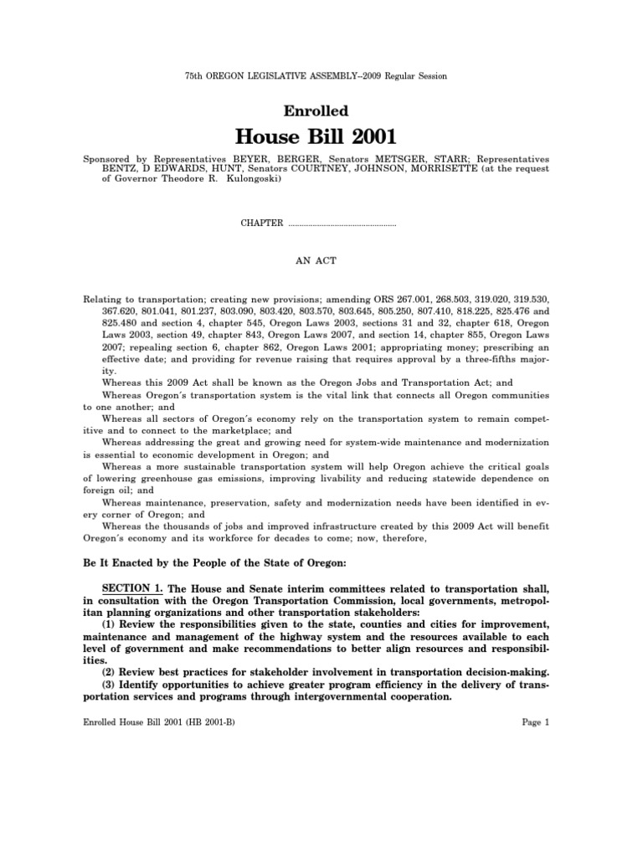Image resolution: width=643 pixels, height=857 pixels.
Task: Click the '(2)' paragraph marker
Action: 109,672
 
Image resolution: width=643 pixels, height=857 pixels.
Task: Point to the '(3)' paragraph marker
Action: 109,684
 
